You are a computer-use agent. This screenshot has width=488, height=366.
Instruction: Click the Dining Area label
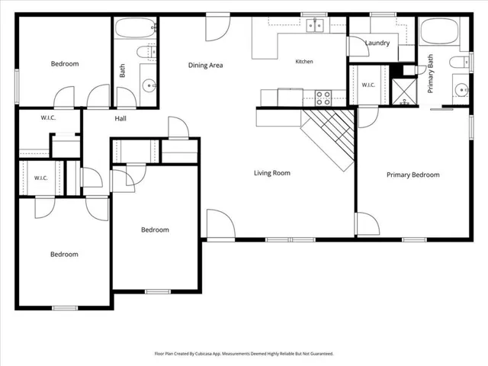pyautogui.click(x=205, y=65)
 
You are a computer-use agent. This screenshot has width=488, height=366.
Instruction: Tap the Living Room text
pyautogui.click(x=272, y=173)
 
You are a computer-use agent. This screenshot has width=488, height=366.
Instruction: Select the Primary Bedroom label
pyautogui.click(x=413, y=175)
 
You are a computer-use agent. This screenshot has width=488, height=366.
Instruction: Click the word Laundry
pyautogui.click(x=377, y=43)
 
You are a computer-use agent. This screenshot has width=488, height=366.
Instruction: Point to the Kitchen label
pyautogui.click(x=304, y=61)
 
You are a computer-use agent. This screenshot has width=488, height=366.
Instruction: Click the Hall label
pyautogui.click(x=120, y=118)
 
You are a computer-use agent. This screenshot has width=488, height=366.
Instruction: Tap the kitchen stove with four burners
pyautogui.click(x=323, y=98)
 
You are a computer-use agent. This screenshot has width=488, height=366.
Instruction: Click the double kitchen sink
pyautogui.click(x=315, y=25)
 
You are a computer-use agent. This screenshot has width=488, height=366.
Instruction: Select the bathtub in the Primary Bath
pyautogui.click(x=439, y=30)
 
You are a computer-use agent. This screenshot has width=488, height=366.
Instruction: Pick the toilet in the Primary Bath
pyautogui.click(x=459, y=62)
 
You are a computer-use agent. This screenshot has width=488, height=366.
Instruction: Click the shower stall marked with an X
pyautogui.click(x=404, y=91)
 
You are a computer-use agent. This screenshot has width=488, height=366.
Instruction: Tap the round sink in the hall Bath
pyautogui.click(x=149, y=85)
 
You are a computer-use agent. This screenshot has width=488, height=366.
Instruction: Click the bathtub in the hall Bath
pyautogui.click(x=135, y=27)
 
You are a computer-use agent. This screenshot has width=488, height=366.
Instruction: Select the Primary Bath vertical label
pyautogui.click(x=430, y=74)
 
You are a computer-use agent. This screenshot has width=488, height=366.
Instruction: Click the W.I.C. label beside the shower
pyautogui.click(x=368, y=85)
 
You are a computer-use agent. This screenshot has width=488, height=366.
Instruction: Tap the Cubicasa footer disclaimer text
pyautogui.click(x=244, y=354)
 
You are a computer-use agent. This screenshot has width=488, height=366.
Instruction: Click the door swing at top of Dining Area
pyautogui.click(x=218, y=28)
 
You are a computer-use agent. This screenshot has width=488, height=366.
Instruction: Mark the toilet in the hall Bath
pyautogui.click(x=146, y=51)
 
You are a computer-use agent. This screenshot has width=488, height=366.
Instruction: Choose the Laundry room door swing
pyautogui.click(x=358, y=47)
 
